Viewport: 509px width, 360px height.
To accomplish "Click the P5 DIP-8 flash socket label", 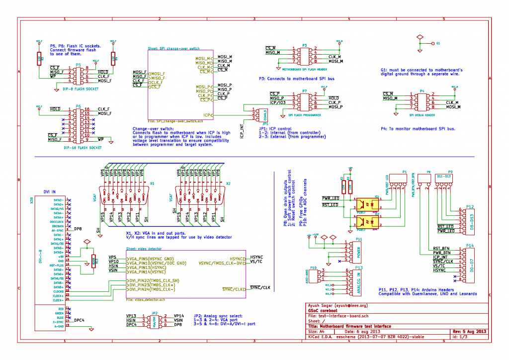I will pyautogui.click(x=78, y=65).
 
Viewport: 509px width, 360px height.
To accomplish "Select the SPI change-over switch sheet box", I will pyautogui.click(x=180, y=85).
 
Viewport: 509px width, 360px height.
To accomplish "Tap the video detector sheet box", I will pyautogui.click(x=186, y=273).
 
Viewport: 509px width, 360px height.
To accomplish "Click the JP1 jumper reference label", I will pyautogui.click(x=265, y=123).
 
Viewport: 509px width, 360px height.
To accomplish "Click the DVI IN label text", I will pyautogui.click(x=49, y=191).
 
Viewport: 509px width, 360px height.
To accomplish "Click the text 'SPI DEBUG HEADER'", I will pyautogui.click(x=422, y=115).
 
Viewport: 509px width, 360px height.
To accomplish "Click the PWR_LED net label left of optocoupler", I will pyautogui.click(x=331, y=198).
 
